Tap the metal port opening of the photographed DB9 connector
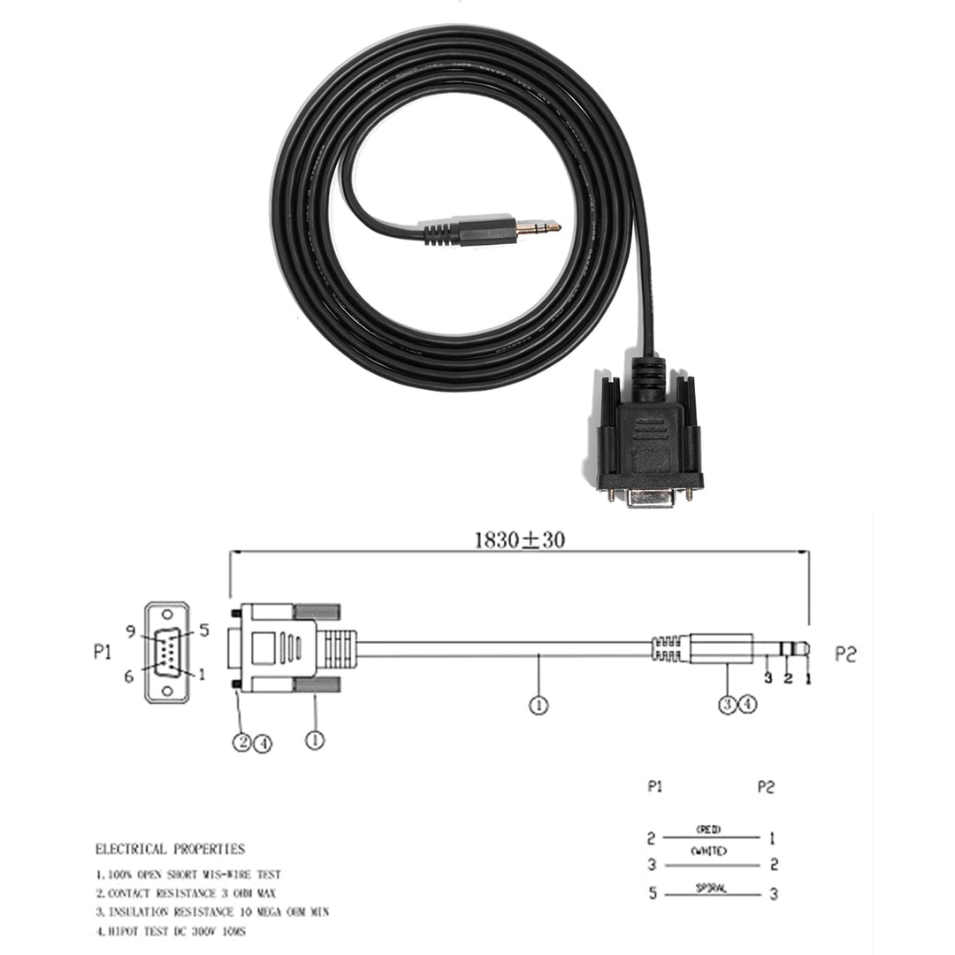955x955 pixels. pos(650,497)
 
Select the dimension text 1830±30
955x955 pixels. pos(519,539)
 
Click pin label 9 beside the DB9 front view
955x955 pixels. pos(130,631)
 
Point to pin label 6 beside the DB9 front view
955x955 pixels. pos(128,676)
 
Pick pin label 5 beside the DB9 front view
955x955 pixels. pos(204,630)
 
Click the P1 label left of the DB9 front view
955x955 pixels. pos(103,653)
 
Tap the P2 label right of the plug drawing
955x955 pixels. pos(845,655)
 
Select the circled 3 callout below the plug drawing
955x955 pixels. pos(727,705)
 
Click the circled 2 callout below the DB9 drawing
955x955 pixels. pos(242,743)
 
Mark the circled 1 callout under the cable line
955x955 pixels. pos(538,705)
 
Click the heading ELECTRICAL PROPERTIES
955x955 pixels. pos(170,850)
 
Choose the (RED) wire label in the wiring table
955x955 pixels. pos(709,829)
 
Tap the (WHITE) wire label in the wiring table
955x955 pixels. pos(709,852)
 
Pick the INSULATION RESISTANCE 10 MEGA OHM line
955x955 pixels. pos(212,912)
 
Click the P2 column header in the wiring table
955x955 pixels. pos(766,787)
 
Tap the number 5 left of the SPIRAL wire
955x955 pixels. pos(653,893)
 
